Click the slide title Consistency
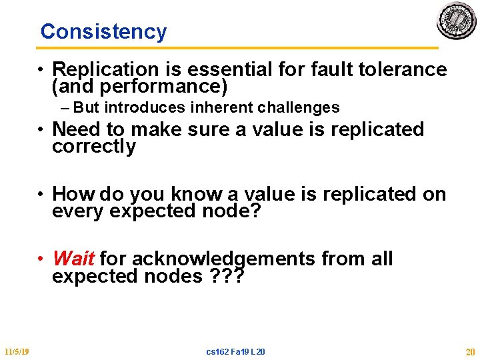tap(103, 31)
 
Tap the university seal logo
tap(457, 21)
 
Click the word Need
tap(74, 129)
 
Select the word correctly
tap(93, 147)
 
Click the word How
tap(73, 194)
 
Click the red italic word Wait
tap(73, 258)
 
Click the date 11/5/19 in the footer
tap(16, 351)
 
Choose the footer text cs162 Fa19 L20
tap(236, 351)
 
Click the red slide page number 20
tap(469, 351)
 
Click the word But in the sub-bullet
tap(88, 107)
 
